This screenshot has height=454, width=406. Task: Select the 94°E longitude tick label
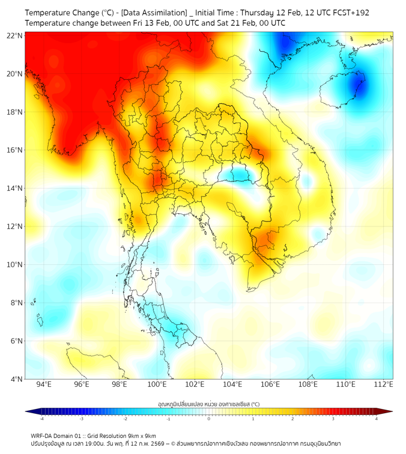coord(44,384)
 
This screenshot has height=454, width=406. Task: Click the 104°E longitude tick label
coord(232,384)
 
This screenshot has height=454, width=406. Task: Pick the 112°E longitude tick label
coord(383,384)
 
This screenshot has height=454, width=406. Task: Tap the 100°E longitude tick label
coord(157,384)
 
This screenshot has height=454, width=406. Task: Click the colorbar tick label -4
coord(41,419)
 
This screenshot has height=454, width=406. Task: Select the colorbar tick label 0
coord(209,419)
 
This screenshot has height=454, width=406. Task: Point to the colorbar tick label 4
coord(377,419)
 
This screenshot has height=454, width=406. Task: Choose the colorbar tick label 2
coord(292,419)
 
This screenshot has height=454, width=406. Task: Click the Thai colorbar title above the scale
coord(208,404)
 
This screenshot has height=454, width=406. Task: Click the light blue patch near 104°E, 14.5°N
coord(240,174)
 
